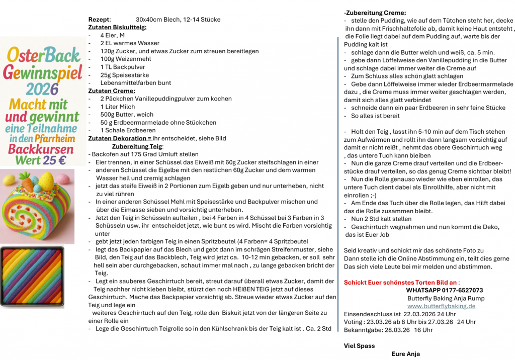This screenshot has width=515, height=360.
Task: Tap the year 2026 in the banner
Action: click(42, 89)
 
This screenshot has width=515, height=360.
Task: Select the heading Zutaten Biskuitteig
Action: click(117, 28)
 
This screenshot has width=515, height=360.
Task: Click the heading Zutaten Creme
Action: click(112, 91)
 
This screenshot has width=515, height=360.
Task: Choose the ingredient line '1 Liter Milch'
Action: click(117, 107)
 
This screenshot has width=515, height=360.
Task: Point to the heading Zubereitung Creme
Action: click(376, 13)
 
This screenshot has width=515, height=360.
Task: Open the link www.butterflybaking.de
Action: click(441, 306)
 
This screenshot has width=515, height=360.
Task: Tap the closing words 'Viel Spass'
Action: click(359, 346)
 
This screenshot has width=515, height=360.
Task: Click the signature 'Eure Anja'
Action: click(405, 354)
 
